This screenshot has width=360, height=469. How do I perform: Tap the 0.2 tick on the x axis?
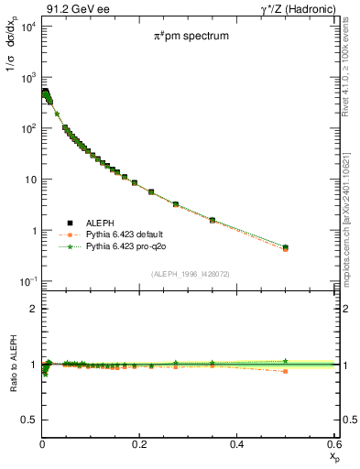coord(139,444)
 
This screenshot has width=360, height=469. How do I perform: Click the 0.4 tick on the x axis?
coord(236,444)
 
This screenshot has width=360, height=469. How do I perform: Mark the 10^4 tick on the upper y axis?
coord(27,26)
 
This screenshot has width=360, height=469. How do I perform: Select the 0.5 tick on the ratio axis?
coord(27,420)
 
